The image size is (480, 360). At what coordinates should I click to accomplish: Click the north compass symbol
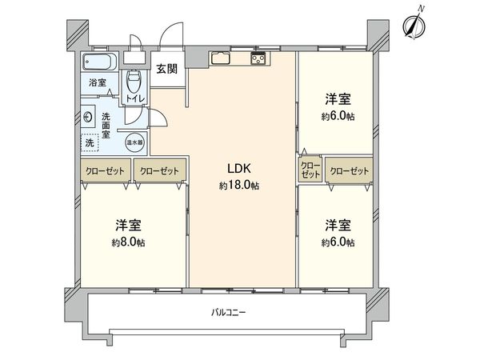[414, 25]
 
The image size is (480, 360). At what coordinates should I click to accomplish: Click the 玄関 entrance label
[167, 69]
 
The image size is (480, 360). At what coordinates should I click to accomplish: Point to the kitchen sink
[220, 58]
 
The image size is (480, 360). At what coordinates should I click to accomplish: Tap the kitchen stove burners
[259, 58]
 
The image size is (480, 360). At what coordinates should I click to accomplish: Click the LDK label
[239, 168]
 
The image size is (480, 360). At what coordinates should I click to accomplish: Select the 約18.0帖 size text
[239, 186]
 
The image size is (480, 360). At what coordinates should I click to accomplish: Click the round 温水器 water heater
[134, 142]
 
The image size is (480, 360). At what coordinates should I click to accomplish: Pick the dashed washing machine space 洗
[90, 142]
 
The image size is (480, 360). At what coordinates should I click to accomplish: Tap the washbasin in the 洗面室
[89, 117]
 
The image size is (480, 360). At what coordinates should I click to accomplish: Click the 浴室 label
[98, 82]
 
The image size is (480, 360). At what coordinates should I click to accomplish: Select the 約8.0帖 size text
[128, 242]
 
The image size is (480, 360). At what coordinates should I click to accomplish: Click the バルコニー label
[229, 313]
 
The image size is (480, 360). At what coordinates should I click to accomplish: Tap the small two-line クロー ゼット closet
[310, 170]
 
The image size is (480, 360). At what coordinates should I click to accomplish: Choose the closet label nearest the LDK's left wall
[159, 171]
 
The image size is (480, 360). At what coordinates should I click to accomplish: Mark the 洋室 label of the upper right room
[338, 99]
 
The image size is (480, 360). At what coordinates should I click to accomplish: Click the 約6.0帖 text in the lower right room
[338, 242]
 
